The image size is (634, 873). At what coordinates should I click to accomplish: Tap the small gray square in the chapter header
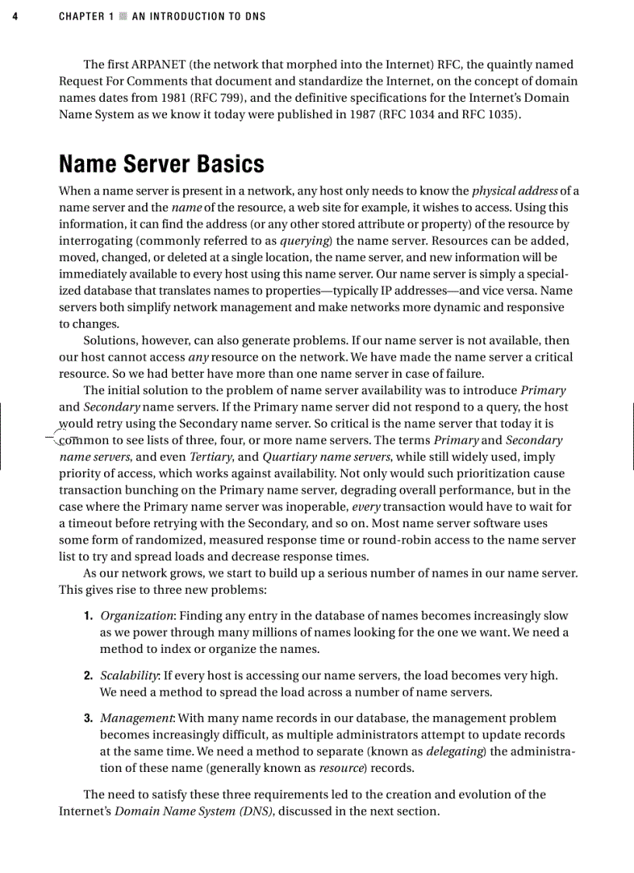(122, 16)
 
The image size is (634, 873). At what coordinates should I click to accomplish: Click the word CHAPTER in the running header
(81, 16)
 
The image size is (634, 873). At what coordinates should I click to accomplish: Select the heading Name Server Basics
(162, 164)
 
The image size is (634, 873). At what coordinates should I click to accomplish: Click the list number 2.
(89, 676)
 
